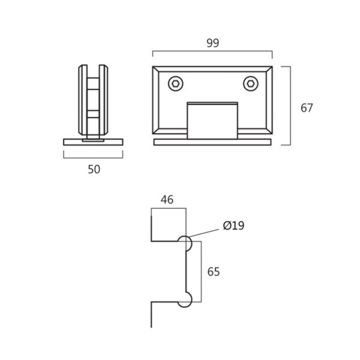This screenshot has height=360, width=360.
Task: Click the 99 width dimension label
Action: pos(213,43)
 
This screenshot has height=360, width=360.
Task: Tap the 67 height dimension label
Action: pos(307,108)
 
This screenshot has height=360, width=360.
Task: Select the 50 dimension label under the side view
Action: pos(94,169)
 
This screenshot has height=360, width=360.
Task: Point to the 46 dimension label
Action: pos(167,200)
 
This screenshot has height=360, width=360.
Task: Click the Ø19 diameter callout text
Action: pos(233,225)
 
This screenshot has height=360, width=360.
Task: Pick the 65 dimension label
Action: pos(213,272)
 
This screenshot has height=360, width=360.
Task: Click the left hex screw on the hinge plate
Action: pos(176,84)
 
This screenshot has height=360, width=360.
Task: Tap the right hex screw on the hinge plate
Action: pos(250,84)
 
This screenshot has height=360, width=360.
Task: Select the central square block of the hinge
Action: pos(212,121)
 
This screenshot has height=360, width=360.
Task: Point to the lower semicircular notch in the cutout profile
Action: pos(191,300)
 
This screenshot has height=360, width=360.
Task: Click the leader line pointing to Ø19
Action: pos(204,233)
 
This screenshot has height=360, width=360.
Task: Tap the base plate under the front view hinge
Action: pos(212,142)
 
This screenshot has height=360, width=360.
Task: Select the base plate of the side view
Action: pos(93,142)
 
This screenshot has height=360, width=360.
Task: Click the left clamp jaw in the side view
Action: pos(83,100)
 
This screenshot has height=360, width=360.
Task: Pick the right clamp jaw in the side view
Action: pos(103,100)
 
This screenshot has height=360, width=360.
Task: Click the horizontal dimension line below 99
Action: pos(212,51)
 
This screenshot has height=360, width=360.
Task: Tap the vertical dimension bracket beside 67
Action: pos(290,105)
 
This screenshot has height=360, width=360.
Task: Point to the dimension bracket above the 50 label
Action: pos(93,158)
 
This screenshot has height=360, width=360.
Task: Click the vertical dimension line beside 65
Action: pos(201,272)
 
